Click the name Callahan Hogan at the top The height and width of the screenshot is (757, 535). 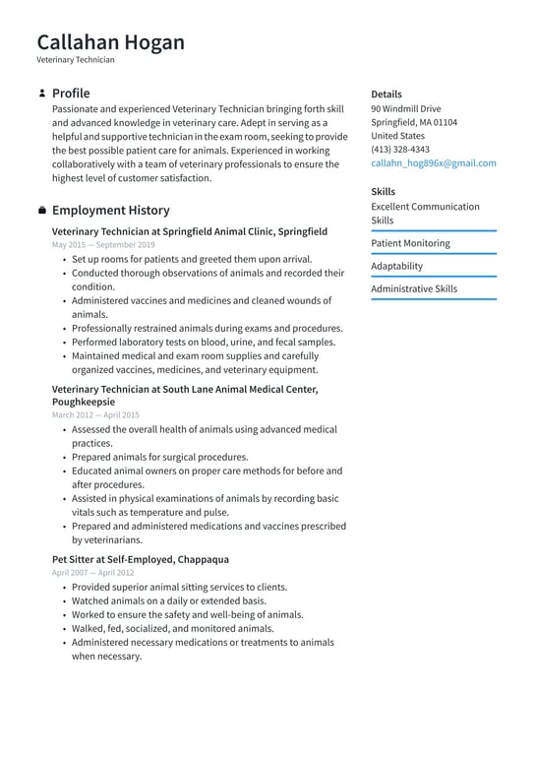pyautogui.click(x=110, y=42)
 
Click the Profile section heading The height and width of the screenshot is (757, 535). pyautogui.click(x=71, y=94)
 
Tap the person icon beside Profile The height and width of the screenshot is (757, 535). pyautogui.click(x=41, y=94)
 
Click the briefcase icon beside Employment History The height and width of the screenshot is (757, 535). pyautogui.click(x=41, y=211)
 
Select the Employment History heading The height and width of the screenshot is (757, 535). pyautogui.click(x=110, y=211)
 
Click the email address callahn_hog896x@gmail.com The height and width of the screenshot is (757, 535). pyautogui.click(x=433, y=163)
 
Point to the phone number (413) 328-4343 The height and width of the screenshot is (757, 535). pyautogui.click(x=399, y=150)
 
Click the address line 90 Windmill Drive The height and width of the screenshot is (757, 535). pyautogui.click(x=405, y=108)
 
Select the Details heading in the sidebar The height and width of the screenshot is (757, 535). pyautogui.click(x=386, y=94)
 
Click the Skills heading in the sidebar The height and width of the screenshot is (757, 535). pyautogui.click(x=383, y=192)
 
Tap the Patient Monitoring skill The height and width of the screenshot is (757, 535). pyautogui.click(x=410, y=243)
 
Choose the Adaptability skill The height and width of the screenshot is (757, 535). pyautogui.click(x=396, y=266)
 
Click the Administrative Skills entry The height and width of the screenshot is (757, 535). pyautogui.click(x=414, y=289)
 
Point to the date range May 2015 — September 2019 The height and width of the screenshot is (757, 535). pyautogui.click(x=103, y=244)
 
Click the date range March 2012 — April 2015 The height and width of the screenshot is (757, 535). pyautogui.click(x=95, y=415)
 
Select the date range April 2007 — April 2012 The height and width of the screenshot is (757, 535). pyautogui.click(x=93, y=572)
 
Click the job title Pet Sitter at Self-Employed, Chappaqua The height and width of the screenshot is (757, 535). pyautogui.click(x=140, y=559)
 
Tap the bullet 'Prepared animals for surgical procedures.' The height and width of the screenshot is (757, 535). pyautogui.click(x=159, y=457)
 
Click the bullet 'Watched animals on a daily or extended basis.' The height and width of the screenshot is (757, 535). pyautogui.click(x=168, y=600)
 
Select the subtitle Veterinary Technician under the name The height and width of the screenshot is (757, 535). pyautogui.click(x=76, y=60)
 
